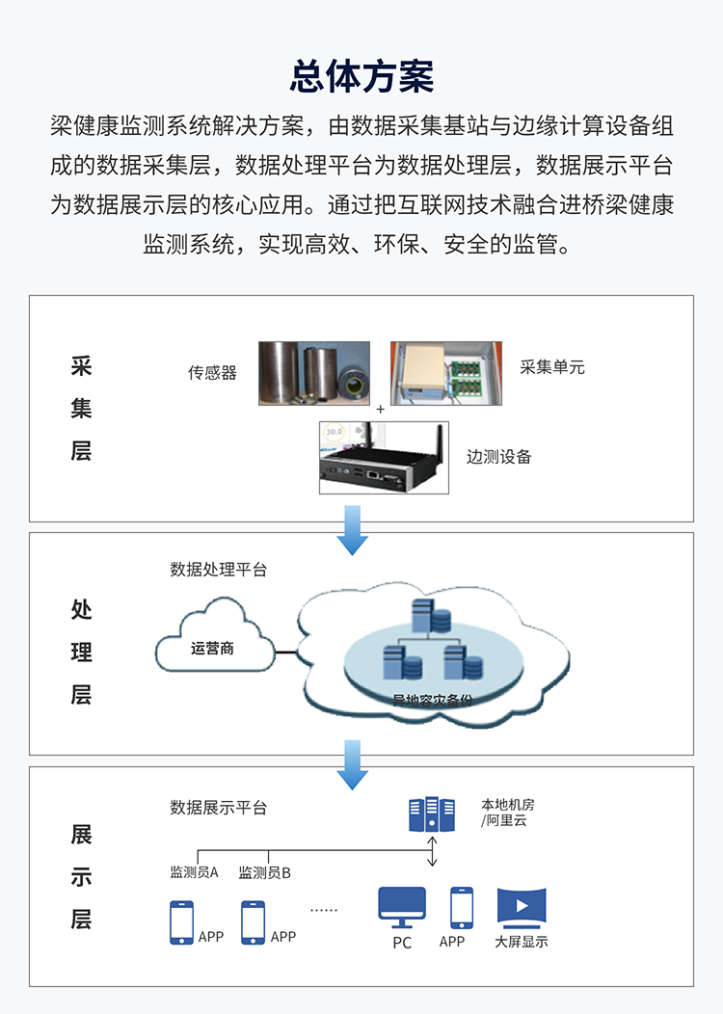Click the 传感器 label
pyautogui.click(x=212, y=372)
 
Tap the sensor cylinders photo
pyautogui.click(x=313, y=372)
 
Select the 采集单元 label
pyautogui.click(x=551, y=367)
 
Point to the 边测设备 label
pyautogui.click(x=498, y=457)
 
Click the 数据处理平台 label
pyautogui.click(x=219, y=569)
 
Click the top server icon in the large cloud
pyautogui.click(x=431, y=617)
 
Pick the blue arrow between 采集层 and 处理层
pyautogui.click(x=353, y=530)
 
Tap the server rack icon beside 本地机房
pyautogui.click(x=431, y=814)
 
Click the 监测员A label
pyautogui.click(x=194, y=872)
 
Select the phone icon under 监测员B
pyautogui.click(x=253, y=922)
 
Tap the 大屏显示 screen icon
pyautogui.click(x=522, y=907)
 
